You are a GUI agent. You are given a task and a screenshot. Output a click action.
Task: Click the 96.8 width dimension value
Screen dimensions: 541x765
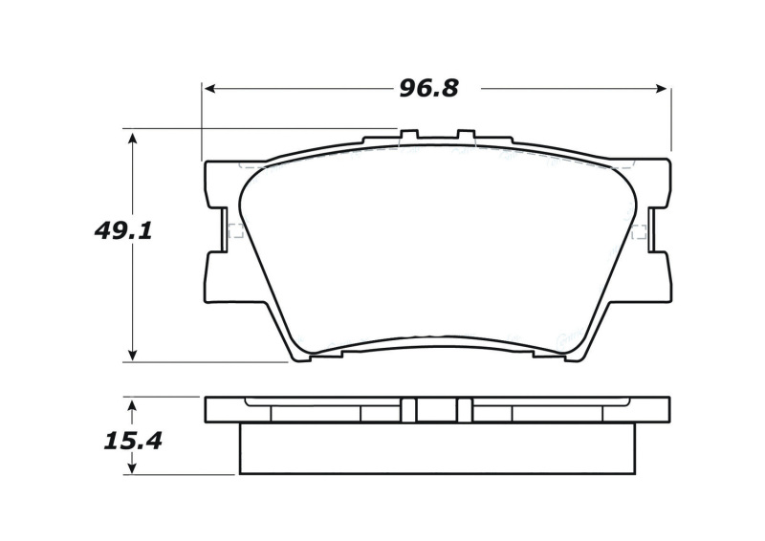pos(428,89)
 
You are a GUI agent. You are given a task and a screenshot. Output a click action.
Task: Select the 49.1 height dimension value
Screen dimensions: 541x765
pos(123,230)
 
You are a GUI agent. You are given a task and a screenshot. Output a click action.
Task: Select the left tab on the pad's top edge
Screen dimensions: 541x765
pos(408,135)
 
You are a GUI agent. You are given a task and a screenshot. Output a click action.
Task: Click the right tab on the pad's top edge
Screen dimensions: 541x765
pos(466,135)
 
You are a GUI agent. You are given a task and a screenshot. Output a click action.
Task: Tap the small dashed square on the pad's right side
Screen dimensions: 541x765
pos(639,229)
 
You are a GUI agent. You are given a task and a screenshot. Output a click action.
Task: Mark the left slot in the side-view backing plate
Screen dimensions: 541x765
pos(408,410)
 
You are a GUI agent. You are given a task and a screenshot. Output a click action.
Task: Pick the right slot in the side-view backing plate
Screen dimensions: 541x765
pos(465,410)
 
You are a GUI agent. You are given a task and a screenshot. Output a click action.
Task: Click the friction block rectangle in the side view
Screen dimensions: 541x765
pos(437,448)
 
